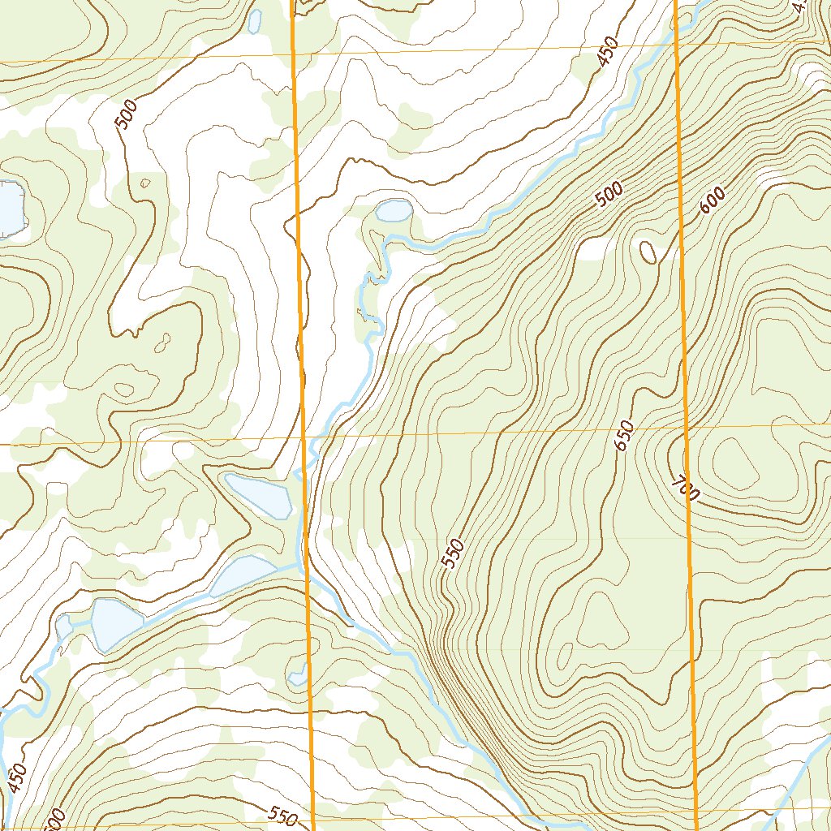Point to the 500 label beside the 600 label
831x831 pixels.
[609, 195]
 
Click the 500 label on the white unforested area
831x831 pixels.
[126, 114]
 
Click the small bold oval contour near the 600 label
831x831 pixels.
[648, 252]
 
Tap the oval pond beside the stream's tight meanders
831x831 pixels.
[394, 211]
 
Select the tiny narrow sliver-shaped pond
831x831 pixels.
[255, 20]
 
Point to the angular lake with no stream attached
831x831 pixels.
[259, 495]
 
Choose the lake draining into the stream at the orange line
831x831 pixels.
[243, 575]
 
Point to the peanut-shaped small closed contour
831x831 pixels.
[125, 388]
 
